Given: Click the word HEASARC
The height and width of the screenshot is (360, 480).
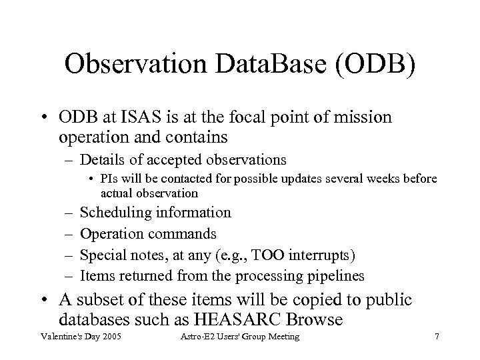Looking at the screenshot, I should point(259,319).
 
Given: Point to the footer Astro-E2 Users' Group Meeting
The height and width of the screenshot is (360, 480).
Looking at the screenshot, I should point(241,338).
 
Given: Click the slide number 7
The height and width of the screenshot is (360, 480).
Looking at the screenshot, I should point(436,338).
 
